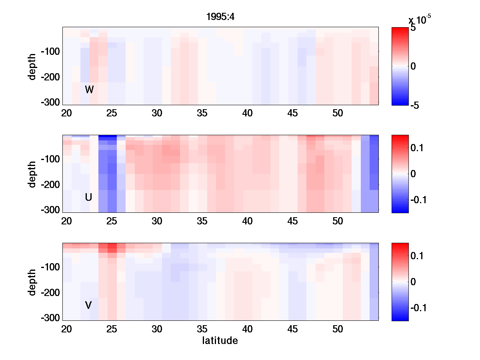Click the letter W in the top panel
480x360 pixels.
(89, 90)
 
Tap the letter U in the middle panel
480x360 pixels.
(89, 197)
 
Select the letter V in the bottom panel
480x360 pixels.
(89, 305)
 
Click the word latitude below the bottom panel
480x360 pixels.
(220, 341)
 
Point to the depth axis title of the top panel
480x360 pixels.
(32, 66)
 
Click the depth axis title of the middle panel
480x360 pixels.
(32, 174)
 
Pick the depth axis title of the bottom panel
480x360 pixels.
(32, 282)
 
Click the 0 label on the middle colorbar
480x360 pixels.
(414, 174)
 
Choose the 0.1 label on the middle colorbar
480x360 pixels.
(418, 148)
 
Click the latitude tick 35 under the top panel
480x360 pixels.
(202, 113)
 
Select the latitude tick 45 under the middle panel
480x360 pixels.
(293, 221)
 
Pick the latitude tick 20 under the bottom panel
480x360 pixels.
(66, 329)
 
